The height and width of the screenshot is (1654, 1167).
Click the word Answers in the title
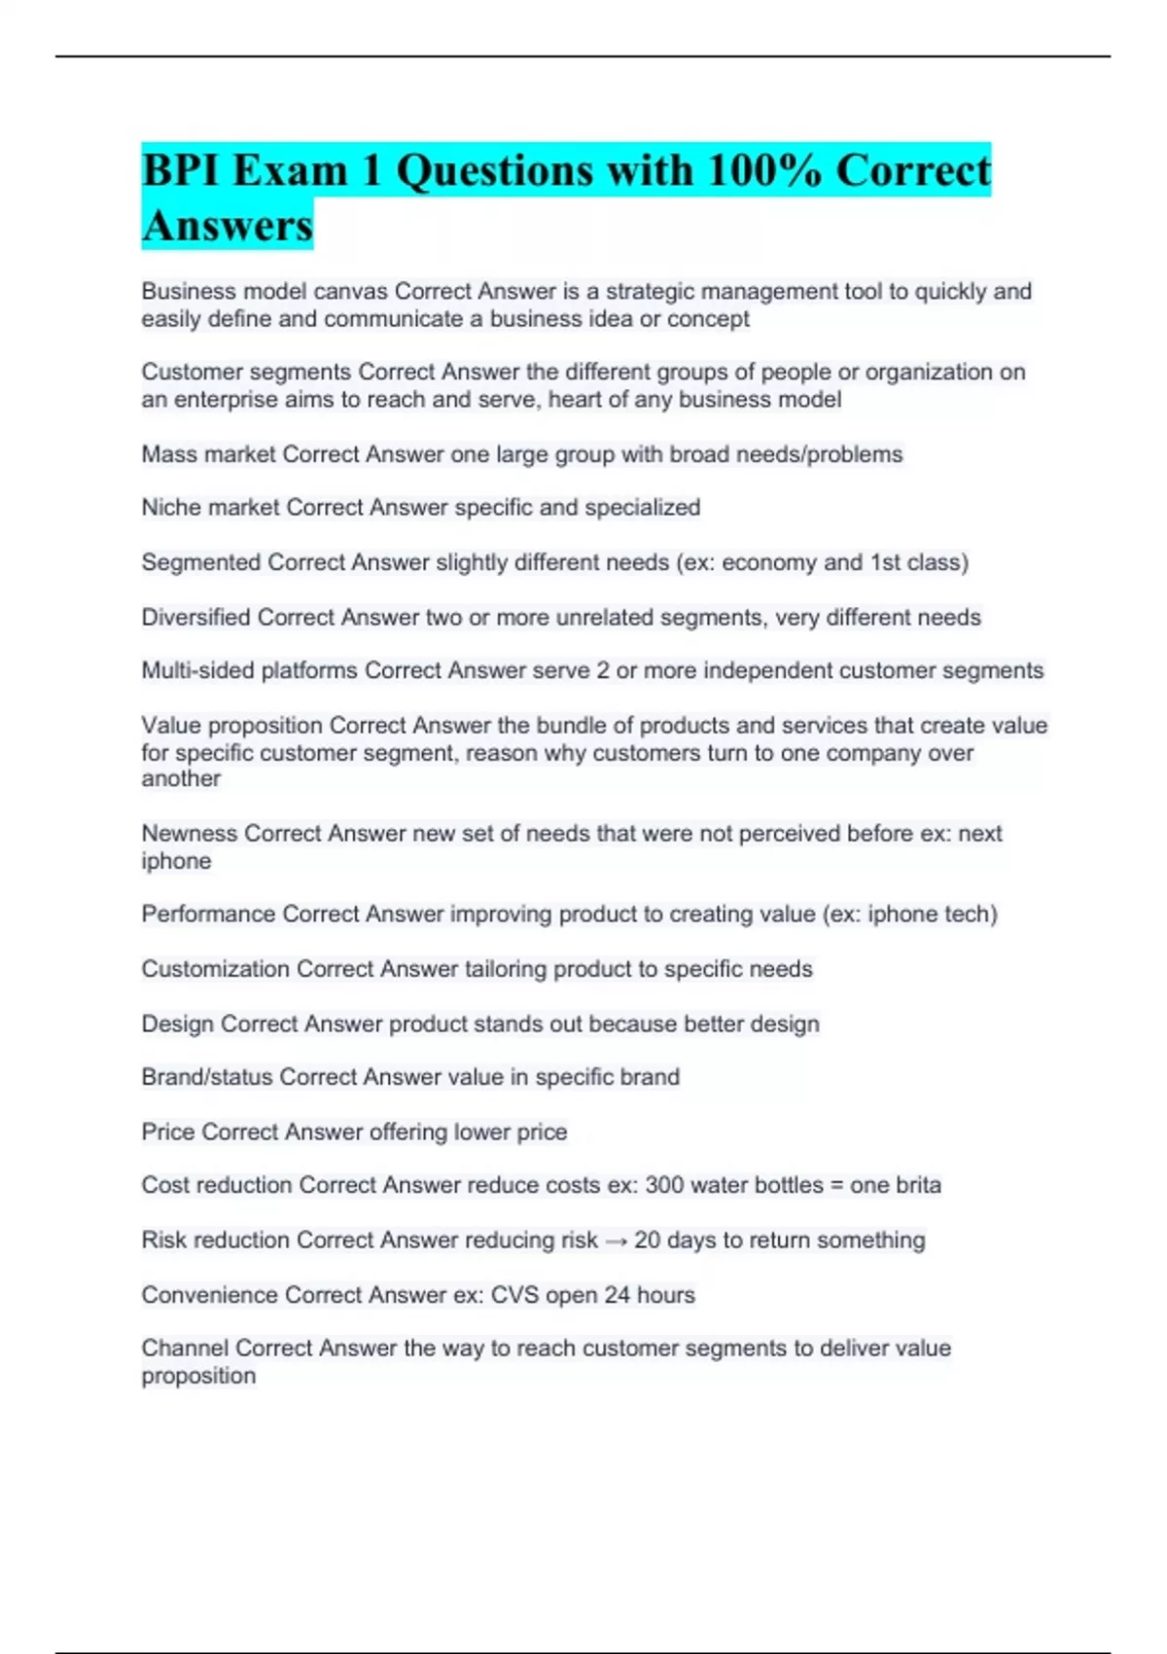(x=227, y=226)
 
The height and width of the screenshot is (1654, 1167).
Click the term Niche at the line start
(x=171, y=508)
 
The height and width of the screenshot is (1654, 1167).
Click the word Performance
(x=207, y=915)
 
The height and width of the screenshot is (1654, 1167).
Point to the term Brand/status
(x=206, y=1077)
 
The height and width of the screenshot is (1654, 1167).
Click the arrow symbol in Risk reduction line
(x=616, y=1240)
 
